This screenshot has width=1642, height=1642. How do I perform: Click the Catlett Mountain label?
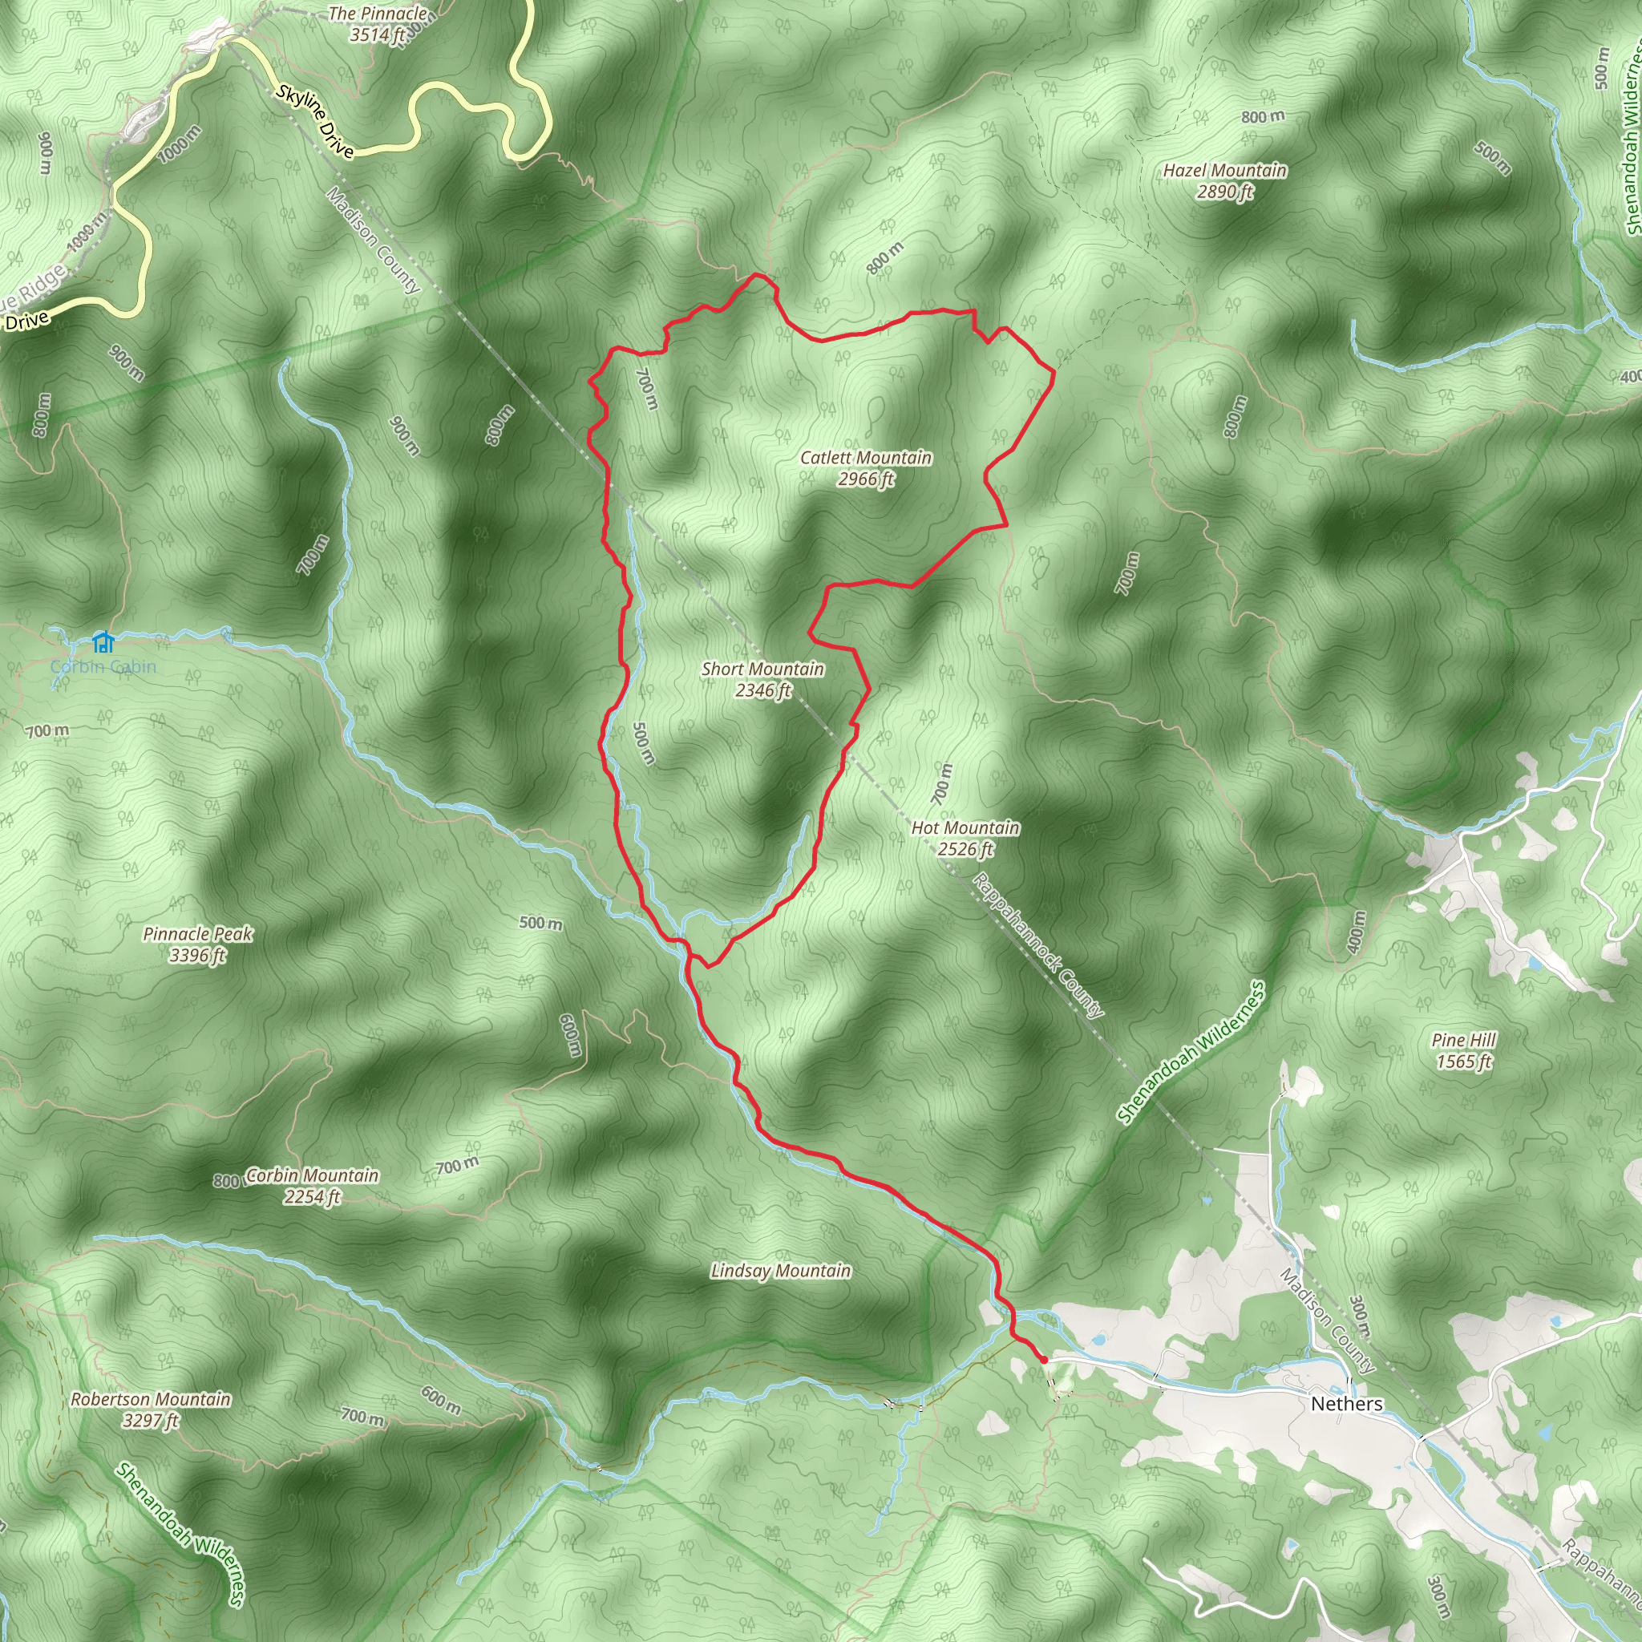pyautogui.click(x=865, y=458)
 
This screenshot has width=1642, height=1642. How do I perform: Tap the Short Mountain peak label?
pyautogui.click(x=762, y=669)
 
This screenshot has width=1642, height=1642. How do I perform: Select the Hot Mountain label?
pyautogui.click(x=965, y=827)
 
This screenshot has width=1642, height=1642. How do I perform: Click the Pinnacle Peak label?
pyautogui.click(x=197, y=934)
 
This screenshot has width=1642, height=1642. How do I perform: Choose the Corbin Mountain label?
pyautogui.click(x=312, y=1175)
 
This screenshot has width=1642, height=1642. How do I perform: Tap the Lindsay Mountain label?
pyautogui.click(x=780, y=1271)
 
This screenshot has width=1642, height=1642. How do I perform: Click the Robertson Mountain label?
pyautogui.click(x=151, y=1399)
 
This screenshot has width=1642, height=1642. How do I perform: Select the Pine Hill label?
pyautogui.click(x=1463, y=1040)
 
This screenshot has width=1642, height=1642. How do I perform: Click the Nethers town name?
pyautogui.click(x=1346, y=1403)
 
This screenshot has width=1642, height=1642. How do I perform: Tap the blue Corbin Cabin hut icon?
pyautogui.click(x=103, y=641)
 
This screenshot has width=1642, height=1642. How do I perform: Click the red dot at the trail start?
pyautogui.click(x=1043, y=1360)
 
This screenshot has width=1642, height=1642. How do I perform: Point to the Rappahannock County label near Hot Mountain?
pyautogui.click(x=1037, y=944)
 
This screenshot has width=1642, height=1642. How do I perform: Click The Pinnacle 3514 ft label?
pyautogui.click(x=378, y=24)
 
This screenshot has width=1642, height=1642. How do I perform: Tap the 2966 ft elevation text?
pyautogui.click(x=865, y=479)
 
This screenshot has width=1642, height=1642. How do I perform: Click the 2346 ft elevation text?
pyautogui.click(x=762, y=691)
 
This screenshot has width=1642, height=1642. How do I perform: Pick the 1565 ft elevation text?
pyautogui.click(x=1463, y=1062)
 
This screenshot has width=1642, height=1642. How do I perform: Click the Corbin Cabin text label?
pyautogui.click(x=103, y=666)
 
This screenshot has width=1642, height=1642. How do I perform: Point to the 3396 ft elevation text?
pyautogui.click(x=197, y=955)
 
